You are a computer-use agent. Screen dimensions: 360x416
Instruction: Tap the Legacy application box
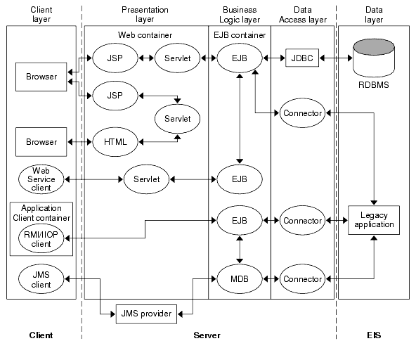[x=373, y=220]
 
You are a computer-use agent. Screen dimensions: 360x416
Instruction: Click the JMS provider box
[x=146, y=313]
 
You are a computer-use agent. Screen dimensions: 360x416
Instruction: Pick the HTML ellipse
[x=115, y=142]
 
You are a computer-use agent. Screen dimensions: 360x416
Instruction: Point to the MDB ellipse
[x=240, y=279]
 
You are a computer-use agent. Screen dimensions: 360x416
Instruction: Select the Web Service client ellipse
[x=41, y=179]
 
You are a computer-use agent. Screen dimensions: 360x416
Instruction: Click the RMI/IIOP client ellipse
[x=41, y=239]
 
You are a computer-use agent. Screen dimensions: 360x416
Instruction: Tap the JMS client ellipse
[x=41, y=279]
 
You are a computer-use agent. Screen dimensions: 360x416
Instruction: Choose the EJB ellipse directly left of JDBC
[x=240, y=57]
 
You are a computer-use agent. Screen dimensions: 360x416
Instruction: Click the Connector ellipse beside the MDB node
[x=301, y=279]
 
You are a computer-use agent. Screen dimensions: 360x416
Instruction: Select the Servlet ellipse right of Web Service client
[x=146, y=179]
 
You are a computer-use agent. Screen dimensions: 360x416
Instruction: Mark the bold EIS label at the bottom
[x=373, y=335]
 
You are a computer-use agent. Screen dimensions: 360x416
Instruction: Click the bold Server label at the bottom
[x=207, y=335]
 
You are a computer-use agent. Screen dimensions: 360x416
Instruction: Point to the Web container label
[x=145, y=34]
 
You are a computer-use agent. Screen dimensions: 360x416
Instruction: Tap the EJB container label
[x=240, y=34]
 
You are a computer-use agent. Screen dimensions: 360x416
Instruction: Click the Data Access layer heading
[x=302, y=15]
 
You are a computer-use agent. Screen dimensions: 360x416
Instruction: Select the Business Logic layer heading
[x=240, y=15]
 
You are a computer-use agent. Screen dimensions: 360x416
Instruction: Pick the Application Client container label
[x=41, y=213]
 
